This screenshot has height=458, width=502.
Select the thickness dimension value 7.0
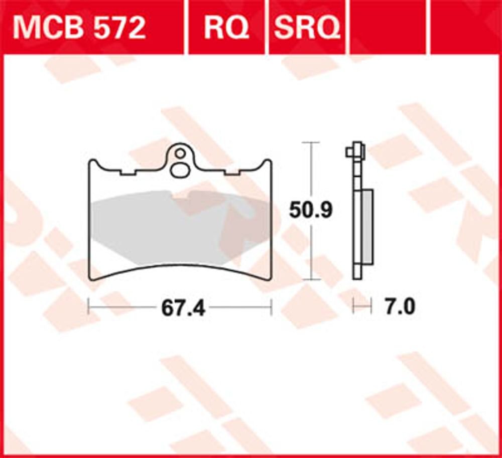(400, 307)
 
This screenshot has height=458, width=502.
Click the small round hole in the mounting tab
(180, 152)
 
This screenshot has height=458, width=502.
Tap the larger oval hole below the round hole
(179, 170)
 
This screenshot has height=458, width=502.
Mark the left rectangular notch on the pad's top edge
(129, 172)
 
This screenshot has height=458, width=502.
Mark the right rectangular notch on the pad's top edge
(231, 172)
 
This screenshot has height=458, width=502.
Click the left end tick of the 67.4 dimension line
(88, 307)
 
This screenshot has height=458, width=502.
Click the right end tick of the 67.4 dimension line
(271, 307)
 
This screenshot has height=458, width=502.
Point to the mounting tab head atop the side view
(356, 149)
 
